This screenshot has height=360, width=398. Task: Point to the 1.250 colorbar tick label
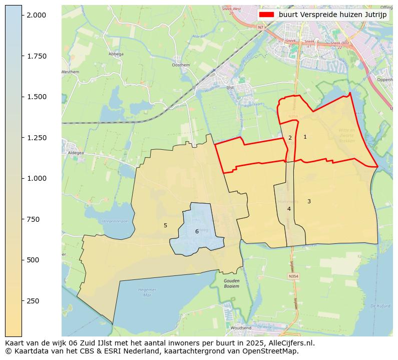[x=37, y=138]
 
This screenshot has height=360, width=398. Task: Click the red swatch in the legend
[x=266, y=15]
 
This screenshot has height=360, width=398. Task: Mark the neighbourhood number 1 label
[x=305, y=137]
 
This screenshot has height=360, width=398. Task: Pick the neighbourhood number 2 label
[x=290, y=138]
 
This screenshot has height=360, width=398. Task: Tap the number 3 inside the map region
[x=309, y=201]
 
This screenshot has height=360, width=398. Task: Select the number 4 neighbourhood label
[x=289, y=209]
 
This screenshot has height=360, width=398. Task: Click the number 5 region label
[x=165, y=225]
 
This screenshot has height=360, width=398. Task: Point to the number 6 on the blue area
[x=197, y=231]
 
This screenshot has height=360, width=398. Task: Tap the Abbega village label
[x=115, y=54]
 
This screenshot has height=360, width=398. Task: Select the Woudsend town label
[x=241, y=328]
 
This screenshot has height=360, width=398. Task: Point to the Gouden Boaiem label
[x=231, y=284]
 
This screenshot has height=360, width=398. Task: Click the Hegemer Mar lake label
[x=147, y=291]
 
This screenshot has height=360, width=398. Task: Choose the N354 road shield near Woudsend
[x=294, y=276]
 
